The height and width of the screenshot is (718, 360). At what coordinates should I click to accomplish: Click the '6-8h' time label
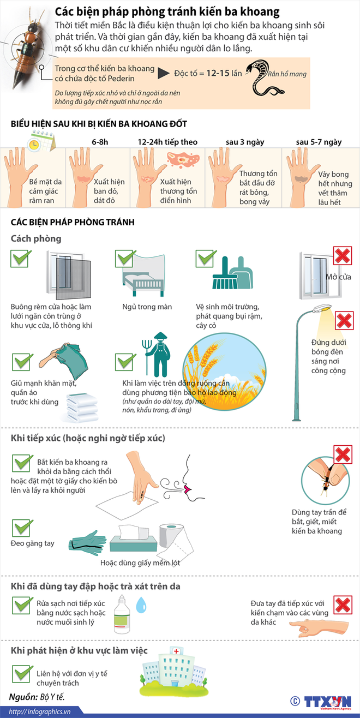point(100,142)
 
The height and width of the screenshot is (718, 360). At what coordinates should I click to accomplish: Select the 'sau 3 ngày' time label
point(245,142)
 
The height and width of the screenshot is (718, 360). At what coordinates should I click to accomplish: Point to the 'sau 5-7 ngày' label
point(319,142)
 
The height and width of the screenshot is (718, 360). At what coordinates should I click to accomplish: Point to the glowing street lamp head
point(325,309)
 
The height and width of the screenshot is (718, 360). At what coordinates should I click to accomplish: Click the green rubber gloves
point(89,540)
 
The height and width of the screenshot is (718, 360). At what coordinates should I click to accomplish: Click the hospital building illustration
point(172,671)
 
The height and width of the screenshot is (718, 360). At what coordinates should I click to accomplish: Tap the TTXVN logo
point(327,702)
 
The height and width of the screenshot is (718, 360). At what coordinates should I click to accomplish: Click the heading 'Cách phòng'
point(36,238)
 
